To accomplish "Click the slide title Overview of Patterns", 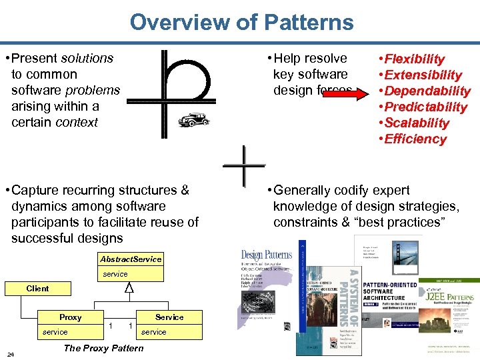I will point(241,22).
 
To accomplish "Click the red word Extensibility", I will point(423,75).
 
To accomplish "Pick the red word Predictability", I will point(426,107).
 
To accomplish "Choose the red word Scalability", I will point(417,123).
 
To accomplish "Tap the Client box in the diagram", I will point(38,289).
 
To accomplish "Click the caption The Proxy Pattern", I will point(103,348).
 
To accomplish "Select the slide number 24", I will point(11,353).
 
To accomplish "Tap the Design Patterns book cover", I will point(266,287).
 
